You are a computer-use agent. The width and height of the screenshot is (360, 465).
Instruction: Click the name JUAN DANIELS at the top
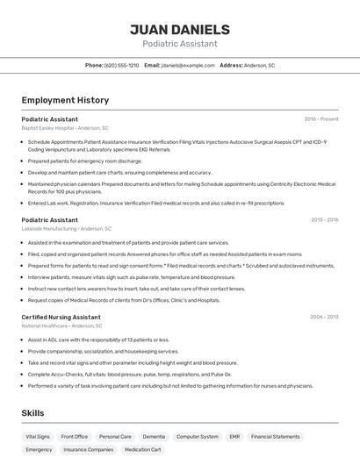(179, 30)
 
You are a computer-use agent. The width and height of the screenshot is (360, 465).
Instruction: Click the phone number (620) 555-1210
(121, 65)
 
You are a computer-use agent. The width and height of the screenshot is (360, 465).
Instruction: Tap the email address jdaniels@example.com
(188, 65)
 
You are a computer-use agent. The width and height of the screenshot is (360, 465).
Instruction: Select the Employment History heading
(65, 100)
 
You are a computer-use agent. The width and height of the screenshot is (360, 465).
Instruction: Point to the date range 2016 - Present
(321, 118)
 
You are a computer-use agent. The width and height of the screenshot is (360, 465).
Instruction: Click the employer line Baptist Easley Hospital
(65, 128)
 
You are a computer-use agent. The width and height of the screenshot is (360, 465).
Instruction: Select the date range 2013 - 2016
(324, 220)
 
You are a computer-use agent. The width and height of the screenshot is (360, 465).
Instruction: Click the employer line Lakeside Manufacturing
(65, 229)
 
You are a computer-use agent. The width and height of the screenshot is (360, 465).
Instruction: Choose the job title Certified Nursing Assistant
(61, 317)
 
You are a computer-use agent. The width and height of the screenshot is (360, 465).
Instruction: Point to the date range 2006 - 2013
(324, 317)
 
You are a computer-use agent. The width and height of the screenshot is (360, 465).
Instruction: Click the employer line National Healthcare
(62, 326)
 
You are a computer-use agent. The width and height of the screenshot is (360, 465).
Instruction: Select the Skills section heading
(32, 412)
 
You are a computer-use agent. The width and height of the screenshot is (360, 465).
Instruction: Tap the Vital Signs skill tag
(38, 436)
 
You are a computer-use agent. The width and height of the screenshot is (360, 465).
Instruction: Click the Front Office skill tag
(75, 436)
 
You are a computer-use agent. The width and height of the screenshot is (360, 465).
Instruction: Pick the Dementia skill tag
(154, 436)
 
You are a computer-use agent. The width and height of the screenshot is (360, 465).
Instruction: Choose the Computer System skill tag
(197, 436)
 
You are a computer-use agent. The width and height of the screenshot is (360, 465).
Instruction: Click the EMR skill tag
(234, 436)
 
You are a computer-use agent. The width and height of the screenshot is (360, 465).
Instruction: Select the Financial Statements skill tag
(275, 436)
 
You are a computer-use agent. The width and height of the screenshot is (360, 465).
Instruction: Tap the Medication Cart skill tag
(142, 449)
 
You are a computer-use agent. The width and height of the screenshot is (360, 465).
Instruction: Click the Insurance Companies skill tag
(88, 449)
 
